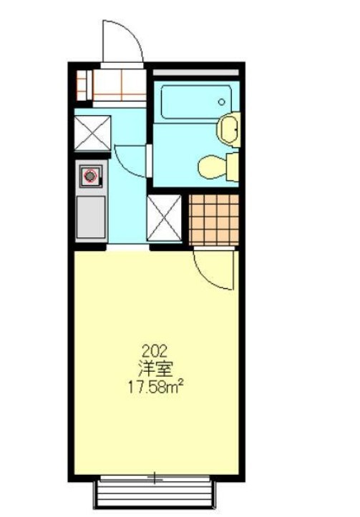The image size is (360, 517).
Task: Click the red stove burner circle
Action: pos(90,176)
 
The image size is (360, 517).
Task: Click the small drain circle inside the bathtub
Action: pos(221,102)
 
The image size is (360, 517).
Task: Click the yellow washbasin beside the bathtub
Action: pos(229,129)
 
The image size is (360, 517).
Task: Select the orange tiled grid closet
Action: pos(214,218)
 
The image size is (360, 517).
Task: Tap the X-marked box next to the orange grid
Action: pos(164,218)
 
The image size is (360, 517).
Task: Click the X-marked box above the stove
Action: pos(93,133)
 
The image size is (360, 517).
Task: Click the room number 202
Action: pos(155,350)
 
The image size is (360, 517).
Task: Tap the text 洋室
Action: pos(155,369)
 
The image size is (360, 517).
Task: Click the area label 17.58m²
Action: pos(155,388)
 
